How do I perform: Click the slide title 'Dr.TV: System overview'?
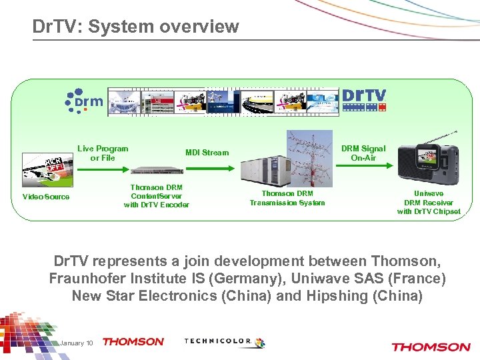pos(135,26)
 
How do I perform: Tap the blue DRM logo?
pos(84,100)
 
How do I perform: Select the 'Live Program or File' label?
pos(103,153)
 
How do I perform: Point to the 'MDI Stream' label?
pos(207,153)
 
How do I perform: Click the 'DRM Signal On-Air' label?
pos(363,153)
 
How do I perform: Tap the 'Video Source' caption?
pos(46,197)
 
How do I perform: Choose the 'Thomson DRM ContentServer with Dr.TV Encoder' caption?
pos(157,196)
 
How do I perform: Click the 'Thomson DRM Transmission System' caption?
pos(287,198)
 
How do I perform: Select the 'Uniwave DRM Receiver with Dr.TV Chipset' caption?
pos(429,202)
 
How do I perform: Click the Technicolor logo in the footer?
pos(223,342)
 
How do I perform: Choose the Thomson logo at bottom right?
pos(431,347)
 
